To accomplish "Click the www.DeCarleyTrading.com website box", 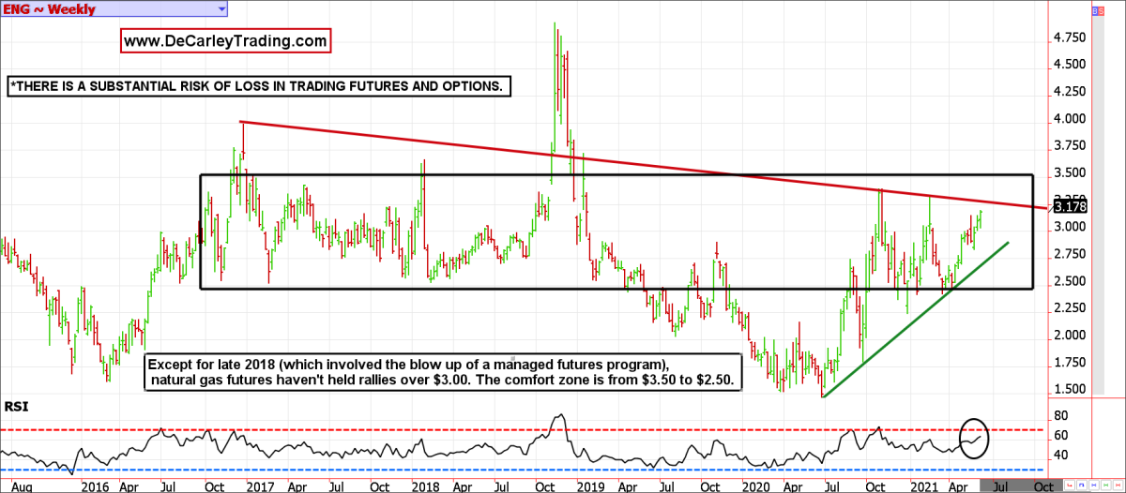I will pos(225,41).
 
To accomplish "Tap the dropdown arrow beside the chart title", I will pos(221,8).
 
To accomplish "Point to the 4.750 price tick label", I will pos(1070,38).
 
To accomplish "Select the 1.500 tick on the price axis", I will pos(1070,390).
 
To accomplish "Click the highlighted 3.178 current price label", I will pos(1070,207).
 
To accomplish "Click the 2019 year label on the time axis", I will pos(588,486).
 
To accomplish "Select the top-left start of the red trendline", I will pos(241,121).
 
